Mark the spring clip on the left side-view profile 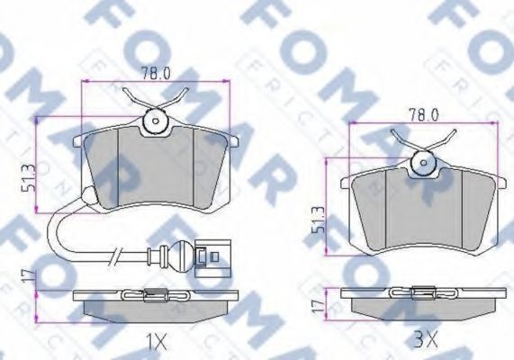click(154, 292)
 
